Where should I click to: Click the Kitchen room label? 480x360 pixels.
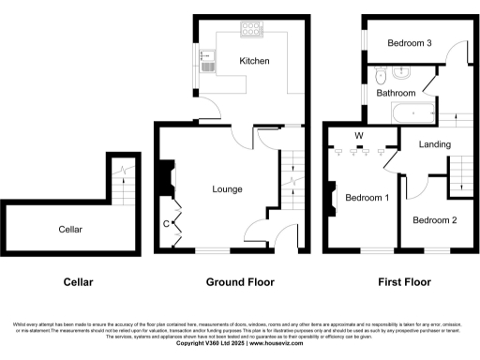254,61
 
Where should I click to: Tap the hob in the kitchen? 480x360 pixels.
252,30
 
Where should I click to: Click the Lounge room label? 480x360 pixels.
227,189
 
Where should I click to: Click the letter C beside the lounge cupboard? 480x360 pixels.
166,223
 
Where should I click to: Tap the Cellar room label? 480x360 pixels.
70,229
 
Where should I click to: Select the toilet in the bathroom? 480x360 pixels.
380,72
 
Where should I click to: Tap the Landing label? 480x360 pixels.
435,144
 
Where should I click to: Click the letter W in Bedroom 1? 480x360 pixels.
358,136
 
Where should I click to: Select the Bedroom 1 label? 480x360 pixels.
367,198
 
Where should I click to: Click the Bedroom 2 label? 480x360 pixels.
434,220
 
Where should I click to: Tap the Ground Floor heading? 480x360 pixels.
239,281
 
